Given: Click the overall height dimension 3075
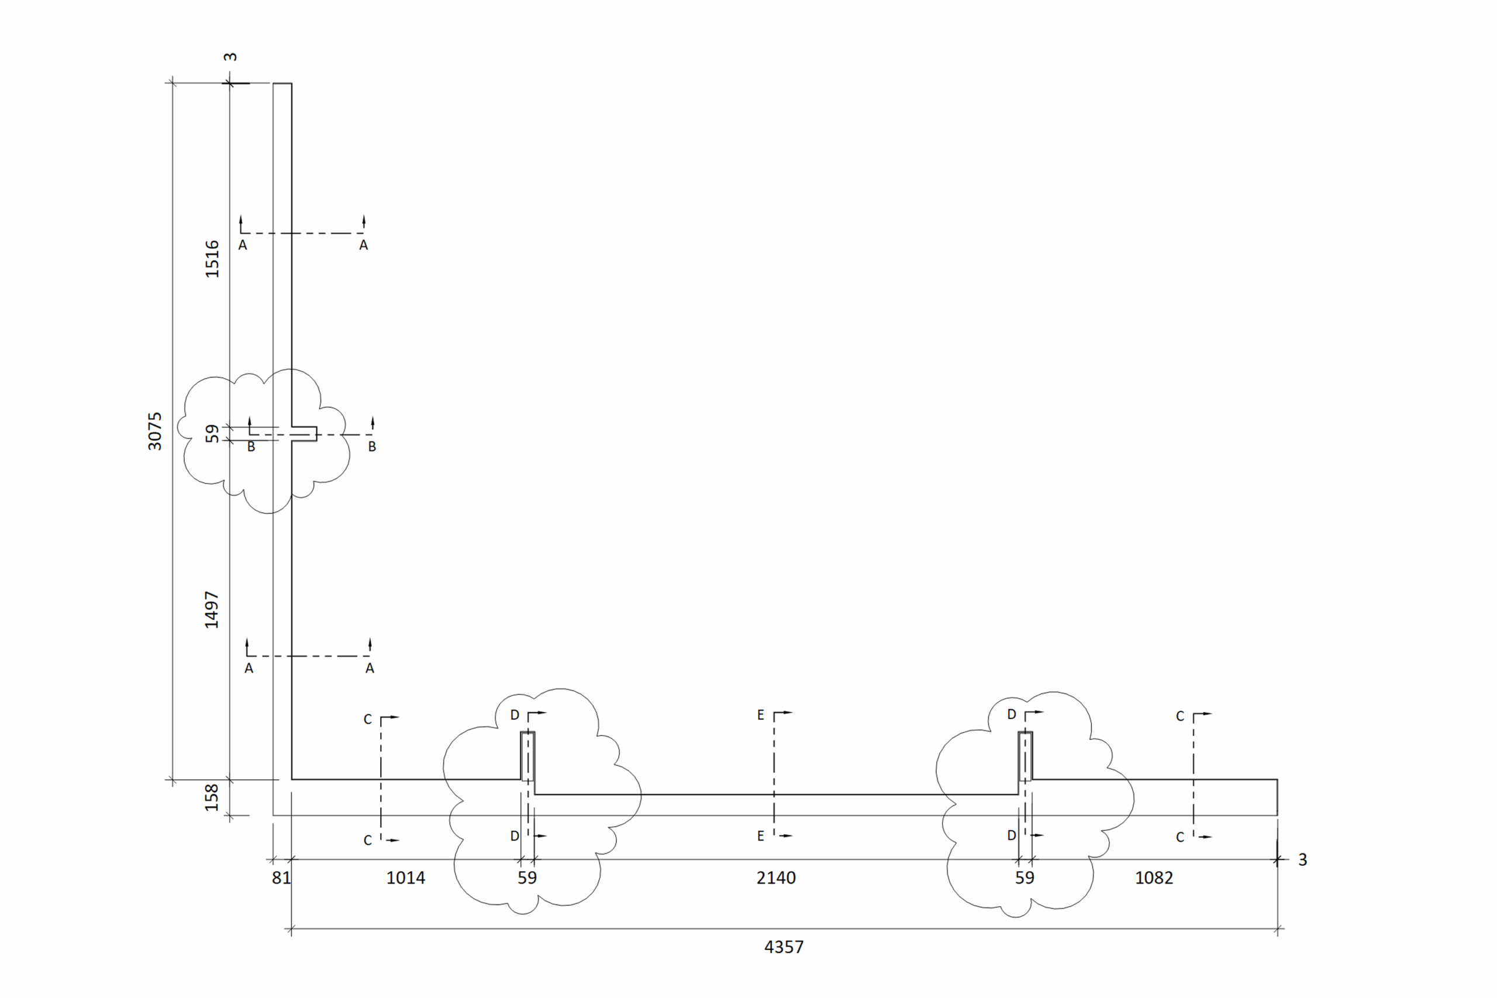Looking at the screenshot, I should tap(154, 431).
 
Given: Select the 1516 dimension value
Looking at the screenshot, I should tap(212, 258).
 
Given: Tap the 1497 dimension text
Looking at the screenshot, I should tap(212, 610).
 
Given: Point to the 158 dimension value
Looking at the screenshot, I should tap(212, 797).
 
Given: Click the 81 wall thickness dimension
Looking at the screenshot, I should tap(281, 878).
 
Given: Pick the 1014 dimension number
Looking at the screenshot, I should tap(405, 878).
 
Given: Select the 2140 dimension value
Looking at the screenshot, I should tap(776, 878).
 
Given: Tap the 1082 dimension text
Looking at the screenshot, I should tap(1154, 878).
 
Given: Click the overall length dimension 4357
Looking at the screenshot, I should tap(784, 947).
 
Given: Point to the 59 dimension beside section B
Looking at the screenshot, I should tap(212, 433).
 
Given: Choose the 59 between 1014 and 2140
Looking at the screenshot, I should tap(527, 878).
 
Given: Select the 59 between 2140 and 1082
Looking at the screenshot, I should tap(1025, 878).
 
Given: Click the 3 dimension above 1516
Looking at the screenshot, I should tap(230, 57).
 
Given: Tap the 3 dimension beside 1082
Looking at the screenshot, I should tap(1303, 860).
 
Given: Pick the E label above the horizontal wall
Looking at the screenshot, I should tap(761, 715).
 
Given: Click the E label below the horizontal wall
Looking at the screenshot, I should tap(761, 836).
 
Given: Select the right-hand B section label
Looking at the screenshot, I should tap(372, 447).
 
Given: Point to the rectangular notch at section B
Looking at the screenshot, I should tap(304, 433).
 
